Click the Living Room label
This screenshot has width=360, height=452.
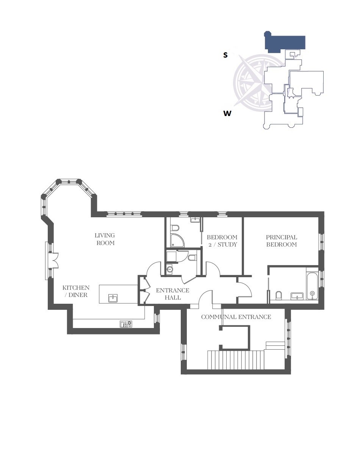click(x=105, y=239)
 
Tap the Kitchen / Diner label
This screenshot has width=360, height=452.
click(x=76, y=292)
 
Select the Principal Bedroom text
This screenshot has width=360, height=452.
click(x=281, y=241)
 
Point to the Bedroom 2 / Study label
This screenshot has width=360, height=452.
click(x=222, y=241)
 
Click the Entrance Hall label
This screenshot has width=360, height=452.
click(x=172, y=294)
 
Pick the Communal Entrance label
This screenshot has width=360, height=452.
click(x=236, y=317)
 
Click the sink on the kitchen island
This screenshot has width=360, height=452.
click(x=113, y=298)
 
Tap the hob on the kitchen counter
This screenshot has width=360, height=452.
click(x=126, y=324)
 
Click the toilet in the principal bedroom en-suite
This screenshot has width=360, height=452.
click(x=279, y=295)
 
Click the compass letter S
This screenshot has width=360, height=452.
click(x=225, y=55)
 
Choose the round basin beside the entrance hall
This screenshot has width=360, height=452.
click(x=169, y=270)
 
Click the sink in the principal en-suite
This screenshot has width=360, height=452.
click(x=296, y=296)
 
